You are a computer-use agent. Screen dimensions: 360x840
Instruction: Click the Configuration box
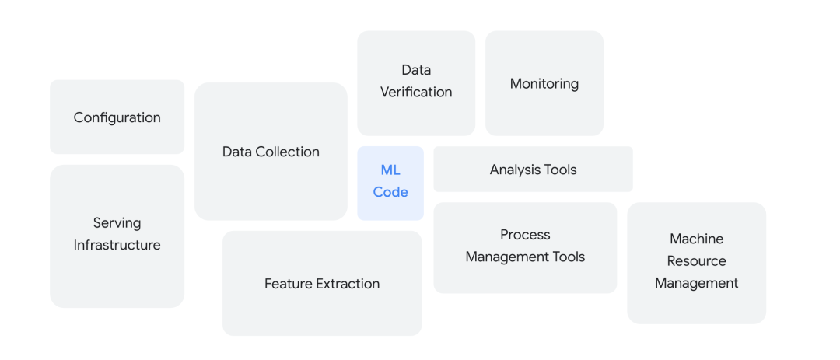[x=117, y=117]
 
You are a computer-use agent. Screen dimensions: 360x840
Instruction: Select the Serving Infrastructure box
[x=117, y=236]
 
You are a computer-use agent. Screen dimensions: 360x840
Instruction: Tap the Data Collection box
[x=271, y=152]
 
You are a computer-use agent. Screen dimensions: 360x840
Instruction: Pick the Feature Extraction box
[x=322, y=284]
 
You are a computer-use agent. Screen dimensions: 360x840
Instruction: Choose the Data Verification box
[x=416, y=83]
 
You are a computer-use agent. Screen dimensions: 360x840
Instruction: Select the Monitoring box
[x=544, y=83]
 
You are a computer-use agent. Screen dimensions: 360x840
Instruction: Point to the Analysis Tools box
[x=533, y=169]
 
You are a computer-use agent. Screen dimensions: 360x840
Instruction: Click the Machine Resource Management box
[x=696, y=263]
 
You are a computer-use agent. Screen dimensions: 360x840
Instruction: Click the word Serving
[x=117, y=223]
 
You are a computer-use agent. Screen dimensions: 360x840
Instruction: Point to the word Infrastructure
[x=117, y=245]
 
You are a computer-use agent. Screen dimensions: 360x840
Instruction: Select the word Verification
[x=416, y=92]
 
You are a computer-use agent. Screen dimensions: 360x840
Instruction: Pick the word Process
[x=525, y=235]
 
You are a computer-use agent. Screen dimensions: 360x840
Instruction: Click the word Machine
[x=697, y=239]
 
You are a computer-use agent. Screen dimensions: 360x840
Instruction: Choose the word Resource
[x=697, y=261]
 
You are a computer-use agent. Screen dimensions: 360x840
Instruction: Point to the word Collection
[x=289, y=152]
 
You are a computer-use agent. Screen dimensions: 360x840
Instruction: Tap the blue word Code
[x=390, y=192]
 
